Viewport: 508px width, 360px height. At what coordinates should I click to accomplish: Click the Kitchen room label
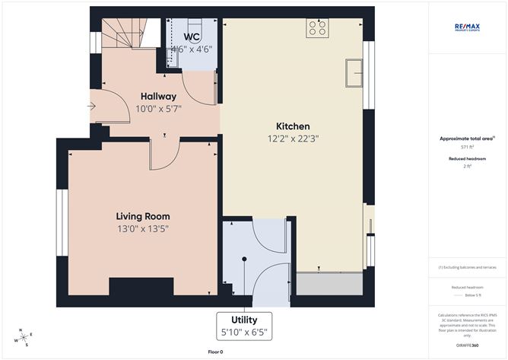[293, 126]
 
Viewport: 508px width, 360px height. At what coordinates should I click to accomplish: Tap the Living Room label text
[142, 215]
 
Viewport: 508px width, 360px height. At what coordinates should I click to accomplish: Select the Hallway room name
[158, 96]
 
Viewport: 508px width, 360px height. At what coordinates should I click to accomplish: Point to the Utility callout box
[245, 326]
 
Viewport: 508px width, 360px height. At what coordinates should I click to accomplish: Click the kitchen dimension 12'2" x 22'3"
[293, 139]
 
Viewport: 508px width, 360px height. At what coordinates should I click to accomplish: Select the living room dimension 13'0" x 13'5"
[142, 228]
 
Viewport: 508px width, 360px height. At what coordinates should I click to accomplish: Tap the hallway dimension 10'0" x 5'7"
[158, 110]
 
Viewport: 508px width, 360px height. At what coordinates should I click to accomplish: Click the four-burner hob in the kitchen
[316, 29]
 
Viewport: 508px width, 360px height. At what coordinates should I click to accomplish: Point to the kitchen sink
[353, 73]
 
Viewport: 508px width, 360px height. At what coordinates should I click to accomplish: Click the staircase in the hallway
[123, 34]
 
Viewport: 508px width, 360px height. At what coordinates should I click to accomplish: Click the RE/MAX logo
[468, 27]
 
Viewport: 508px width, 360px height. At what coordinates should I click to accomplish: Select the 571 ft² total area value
[467, 146]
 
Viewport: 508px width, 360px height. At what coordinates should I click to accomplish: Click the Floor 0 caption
[216, 352]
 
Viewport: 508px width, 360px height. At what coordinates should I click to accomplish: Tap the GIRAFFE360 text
[467, 344]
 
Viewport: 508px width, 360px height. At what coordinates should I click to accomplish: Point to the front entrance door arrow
[92, 107]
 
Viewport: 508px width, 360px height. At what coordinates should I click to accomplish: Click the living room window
[62, 221]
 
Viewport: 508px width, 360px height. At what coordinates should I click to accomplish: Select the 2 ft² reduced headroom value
[467, 165]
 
